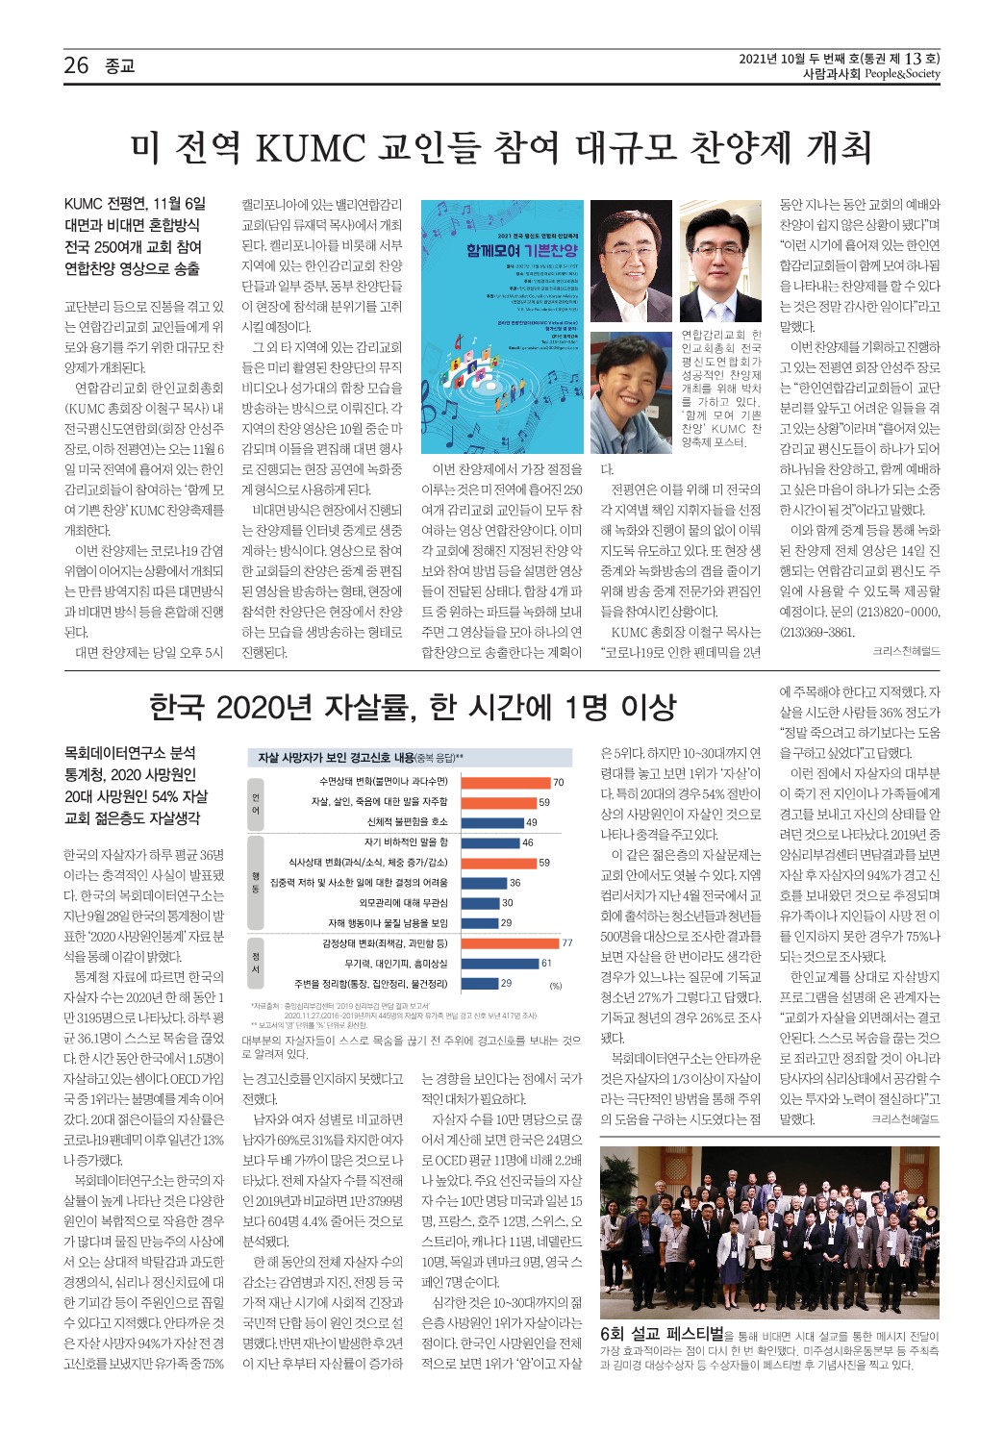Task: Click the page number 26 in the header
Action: [76, 65]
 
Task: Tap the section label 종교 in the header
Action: [119, 66]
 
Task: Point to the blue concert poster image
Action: [502, 326]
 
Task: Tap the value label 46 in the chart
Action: [527, 842]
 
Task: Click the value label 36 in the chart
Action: [515, 883]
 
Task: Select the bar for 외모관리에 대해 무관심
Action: [480, 903]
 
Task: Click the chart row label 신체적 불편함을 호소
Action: [407, 822]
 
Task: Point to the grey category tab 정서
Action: [256, 963]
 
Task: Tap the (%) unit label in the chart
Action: [555, 986]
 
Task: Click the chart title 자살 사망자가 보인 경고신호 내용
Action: [336, 758]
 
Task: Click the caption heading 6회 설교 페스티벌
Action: [662, 1334]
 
